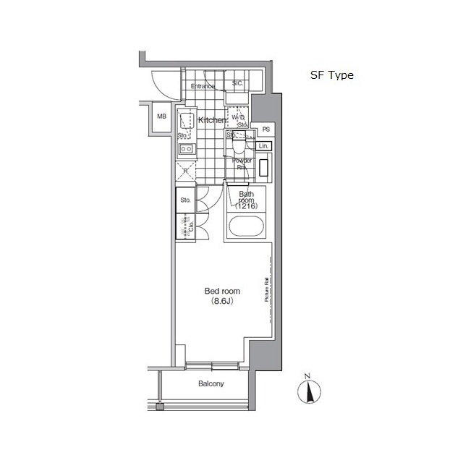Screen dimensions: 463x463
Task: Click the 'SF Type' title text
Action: click(x=331, y=75)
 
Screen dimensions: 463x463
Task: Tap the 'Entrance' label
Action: click(x=203, y=87)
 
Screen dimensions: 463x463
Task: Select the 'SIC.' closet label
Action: click(x=237, y=84)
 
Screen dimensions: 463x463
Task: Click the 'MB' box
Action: click(x=162, y=116)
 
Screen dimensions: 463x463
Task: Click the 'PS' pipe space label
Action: click(x=266, y=129)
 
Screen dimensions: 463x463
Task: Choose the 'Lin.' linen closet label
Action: click(x=264, y=146)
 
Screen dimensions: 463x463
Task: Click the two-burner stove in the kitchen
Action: click(x=186, y=150)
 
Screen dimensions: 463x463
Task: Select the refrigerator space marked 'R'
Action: click(x=186, y=171)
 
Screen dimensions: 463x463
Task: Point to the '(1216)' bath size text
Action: click(x=246, y=206)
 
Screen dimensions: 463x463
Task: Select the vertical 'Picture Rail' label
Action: click(x=267, y=290)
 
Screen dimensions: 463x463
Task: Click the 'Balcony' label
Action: click(x=211, y=384)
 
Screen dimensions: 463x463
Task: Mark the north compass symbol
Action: click(x=308, y=393)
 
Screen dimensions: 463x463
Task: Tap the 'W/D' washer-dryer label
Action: click(x=237, y=117)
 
